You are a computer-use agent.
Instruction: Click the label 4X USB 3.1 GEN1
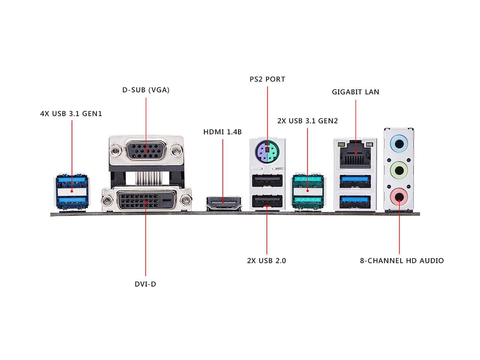click(71, 114)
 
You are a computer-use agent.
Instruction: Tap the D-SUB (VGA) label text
click(146, 90)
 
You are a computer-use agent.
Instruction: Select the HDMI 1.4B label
click(222, 132)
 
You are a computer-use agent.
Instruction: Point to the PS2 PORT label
click(267, 79)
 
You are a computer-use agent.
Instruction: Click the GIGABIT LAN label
click(355, 92)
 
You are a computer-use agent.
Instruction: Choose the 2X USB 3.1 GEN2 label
click(307, 121)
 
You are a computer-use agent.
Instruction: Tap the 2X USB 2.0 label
click(266, 261)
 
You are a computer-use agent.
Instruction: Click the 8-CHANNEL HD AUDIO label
click(402, 261)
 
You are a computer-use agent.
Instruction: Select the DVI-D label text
click(145, 284)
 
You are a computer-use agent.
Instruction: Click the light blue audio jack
click(399, 144)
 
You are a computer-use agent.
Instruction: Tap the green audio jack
click(399, 170)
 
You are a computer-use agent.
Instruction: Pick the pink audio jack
click(399, 196)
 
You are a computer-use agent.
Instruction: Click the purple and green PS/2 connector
click(267, 150)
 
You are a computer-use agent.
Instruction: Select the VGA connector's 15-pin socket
click(146, 151)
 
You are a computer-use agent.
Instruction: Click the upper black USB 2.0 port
click(267, 180)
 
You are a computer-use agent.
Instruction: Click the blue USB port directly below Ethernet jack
click(355, 181)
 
